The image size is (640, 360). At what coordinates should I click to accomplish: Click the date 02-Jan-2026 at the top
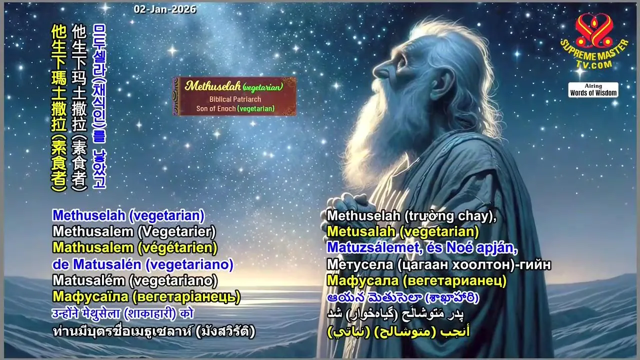pos(165,9)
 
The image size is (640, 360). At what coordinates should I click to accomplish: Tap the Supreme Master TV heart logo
pos(594,31)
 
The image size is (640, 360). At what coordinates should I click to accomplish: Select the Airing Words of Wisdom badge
pos(593,90)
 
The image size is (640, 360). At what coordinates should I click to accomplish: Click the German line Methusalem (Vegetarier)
pos(134,231)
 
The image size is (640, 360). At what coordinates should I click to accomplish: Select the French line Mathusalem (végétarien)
pos(135,247)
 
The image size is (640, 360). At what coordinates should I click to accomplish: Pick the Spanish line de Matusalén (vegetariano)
pos(143,264)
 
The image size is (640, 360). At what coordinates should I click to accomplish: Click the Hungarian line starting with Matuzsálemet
pos(422,247)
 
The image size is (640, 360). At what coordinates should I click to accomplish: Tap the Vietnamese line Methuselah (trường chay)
pos(411,216)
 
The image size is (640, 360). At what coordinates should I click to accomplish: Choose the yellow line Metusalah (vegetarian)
pos(403,231)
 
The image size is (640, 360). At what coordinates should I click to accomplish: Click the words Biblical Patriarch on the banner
pos(235,99)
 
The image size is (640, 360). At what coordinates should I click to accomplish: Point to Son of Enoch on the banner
pos(215,108)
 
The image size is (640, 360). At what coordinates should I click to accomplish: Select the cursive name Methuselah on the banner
pos(212,85)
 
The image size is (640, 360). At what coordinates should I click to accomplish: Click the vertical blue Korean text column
pos(99,106)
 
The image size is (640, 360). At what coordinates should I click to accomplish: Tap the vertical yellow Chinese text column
pos(59,107)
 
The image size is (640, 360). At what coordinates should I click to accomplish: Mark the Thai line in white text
pos(153,331)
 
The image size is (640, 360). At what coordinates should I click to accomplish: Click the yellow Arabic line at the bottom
pos(398,332)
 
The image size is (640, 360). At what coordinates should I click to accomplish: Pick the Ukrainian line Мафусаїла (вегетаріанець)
pos(146,297)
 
